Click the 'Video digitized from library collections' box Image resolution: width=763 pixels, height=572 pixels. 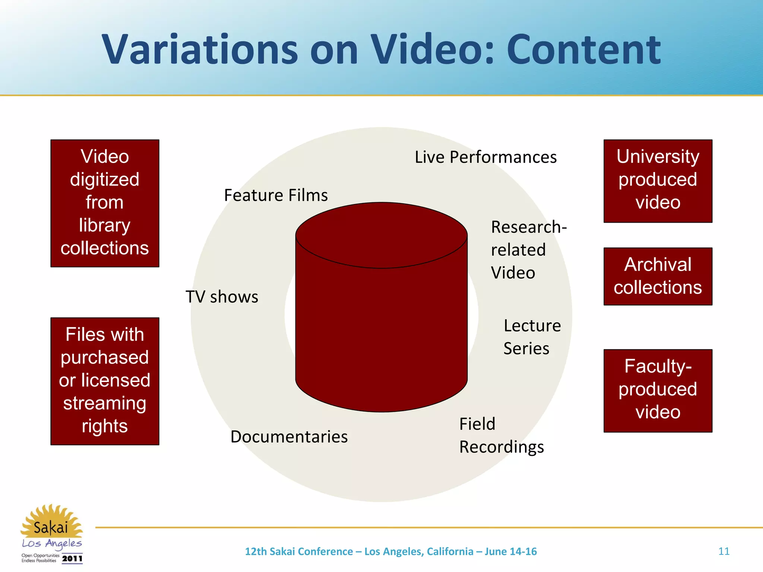pos(105,203)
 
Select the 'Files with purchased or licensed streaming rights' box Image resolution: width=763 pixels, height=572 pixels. pos(105,381)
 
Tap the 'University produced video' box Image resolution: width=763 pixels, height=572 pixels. pos(658,181)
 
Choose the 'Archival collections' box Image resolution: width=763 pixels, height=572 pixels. pos(658,276)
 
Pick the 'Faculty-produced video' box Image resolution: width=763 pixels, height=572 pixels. pos(658,390)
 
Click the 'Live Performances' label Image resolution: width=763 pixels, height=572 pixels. pos(485,157)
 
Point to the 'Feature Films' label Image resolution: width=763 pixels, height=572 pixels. pos(276,196)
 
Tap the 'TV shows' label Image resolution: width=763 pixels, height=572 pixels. pos(222,297)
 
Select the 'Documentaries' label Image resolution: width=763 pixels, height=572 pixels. pos(289,437)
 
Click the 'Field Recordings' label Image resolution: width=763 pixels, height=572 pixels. pos(501,435)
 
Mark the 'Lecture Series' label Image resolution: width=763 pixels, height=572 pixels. pos(532,337)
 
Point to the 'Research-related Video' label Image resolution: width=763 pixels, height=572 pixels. pos(528,250)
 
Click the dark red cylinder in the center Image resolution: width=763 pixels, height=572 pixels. pos(381,328)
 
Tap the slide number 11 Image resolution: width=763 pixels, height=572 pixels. pos(724,551)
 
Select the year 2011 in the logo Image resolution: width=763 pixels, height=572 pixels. pos(72,559)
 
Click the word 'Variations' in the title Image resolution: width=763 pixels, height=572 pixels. pos(199,50)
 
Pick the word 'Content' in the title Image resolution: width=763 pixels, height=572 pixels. pos(583,50)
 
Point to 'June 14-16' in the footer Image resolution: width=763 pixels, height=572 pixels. pos(510,552)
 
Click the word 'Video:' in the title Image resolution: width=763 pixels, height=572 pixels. pos(432,50)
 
